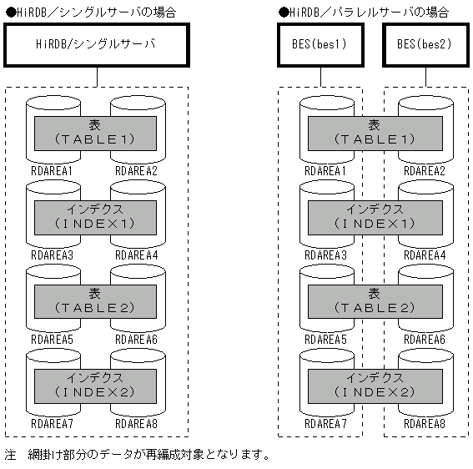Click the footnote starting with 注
click(x=138, y=455)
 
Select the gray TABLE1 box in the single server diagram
click(x=96, y=133)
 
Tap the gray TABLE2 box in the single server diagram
click(x=96, y=301)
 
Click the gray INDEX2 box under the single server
click(x=96, y=385)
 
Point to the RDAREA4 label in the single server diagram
click(x=137, y=255)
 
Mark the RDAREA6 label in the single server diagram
click(x=137, y=339)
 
